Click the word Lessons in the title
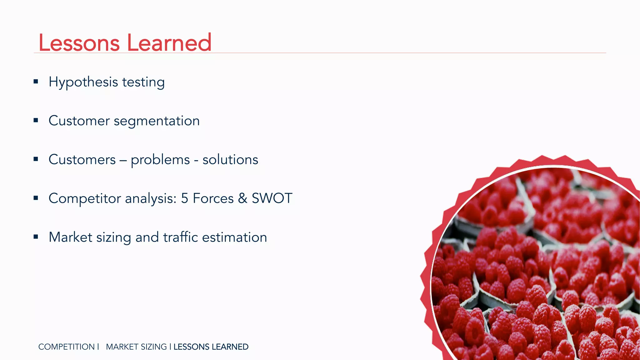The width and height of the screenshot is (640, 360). coord(79,43)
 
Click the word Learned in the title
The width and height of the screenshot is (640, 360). coord(169,43)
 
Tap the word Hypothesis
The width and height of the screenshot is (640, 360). coord(83,82)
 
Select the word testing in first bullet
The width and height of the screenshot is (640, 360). coord(143,82)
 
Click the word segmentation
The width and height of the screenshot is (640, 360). coord(157,121)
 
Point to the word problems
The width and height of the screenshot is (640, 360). coord(160,160)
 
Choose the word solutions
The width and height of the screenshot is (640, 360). coord(230,160)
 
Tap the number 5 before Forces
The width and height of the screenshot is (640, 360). coord(185,198)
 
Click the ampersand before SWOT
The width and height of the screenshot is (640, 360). coord(242,198)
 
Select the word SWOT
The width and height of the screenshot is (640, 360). coord(272,198)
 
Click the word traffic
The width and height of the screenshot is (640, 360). coord(181,237)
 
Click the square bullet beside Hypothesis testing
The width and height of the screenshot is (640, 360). coord(36,82)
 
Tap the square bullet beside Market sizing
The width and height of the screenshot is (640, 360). coord(36,237)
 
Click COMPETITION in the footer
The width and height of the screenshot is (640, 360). coord(66,347)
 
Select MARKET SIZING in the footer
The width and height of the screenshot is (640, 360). coord(136,347)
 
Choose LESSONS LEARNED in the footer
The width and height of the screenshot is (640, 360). coord(211,347)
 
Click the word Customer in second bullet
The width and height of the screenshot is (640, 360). coord(79,121)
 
